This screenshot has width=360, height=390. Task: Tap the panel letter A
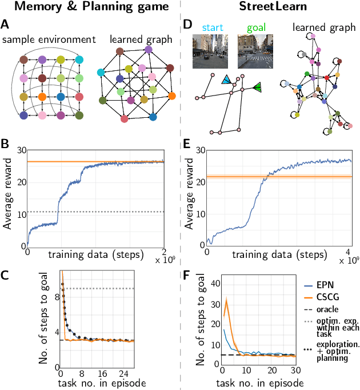5,25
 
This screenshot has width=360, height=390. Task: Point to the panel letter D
187,25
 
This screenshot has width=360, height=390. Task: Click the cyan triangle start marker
226,79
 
